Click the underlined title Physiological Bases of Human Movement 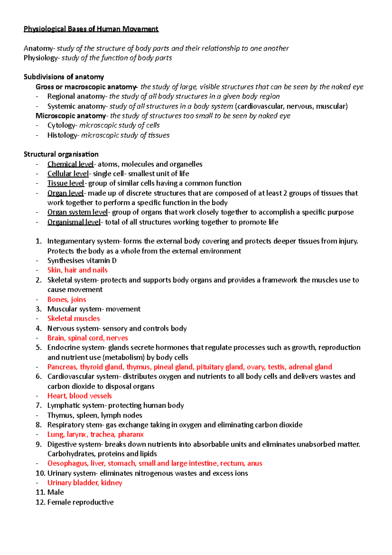click(91, 29)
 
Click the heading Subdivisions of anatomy click(64, 77)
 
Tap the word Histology click(62, 135)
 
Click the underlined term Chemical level click(70, 164)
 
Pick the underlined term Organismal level click(74, 222)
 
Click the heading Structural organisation click(61, 154)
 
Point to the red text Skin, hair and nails click(77, 270)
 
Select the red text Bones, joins click(67, 299)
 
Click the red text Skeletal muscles click(73, 319)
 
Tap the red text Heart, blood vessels click(79, 396)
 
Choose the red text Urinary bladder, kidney click(85, 483)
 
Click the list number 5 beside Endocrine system click(39, 348)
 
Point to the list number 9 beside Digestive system click(39, 445)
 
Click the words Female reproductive click(80, 502)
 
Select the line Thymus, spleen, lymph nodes click(95, 415)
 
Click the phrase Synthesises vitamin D click(82, 261)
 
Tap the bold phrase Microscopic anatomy click(71, 116)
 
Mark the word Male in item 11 click(56, 493)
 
